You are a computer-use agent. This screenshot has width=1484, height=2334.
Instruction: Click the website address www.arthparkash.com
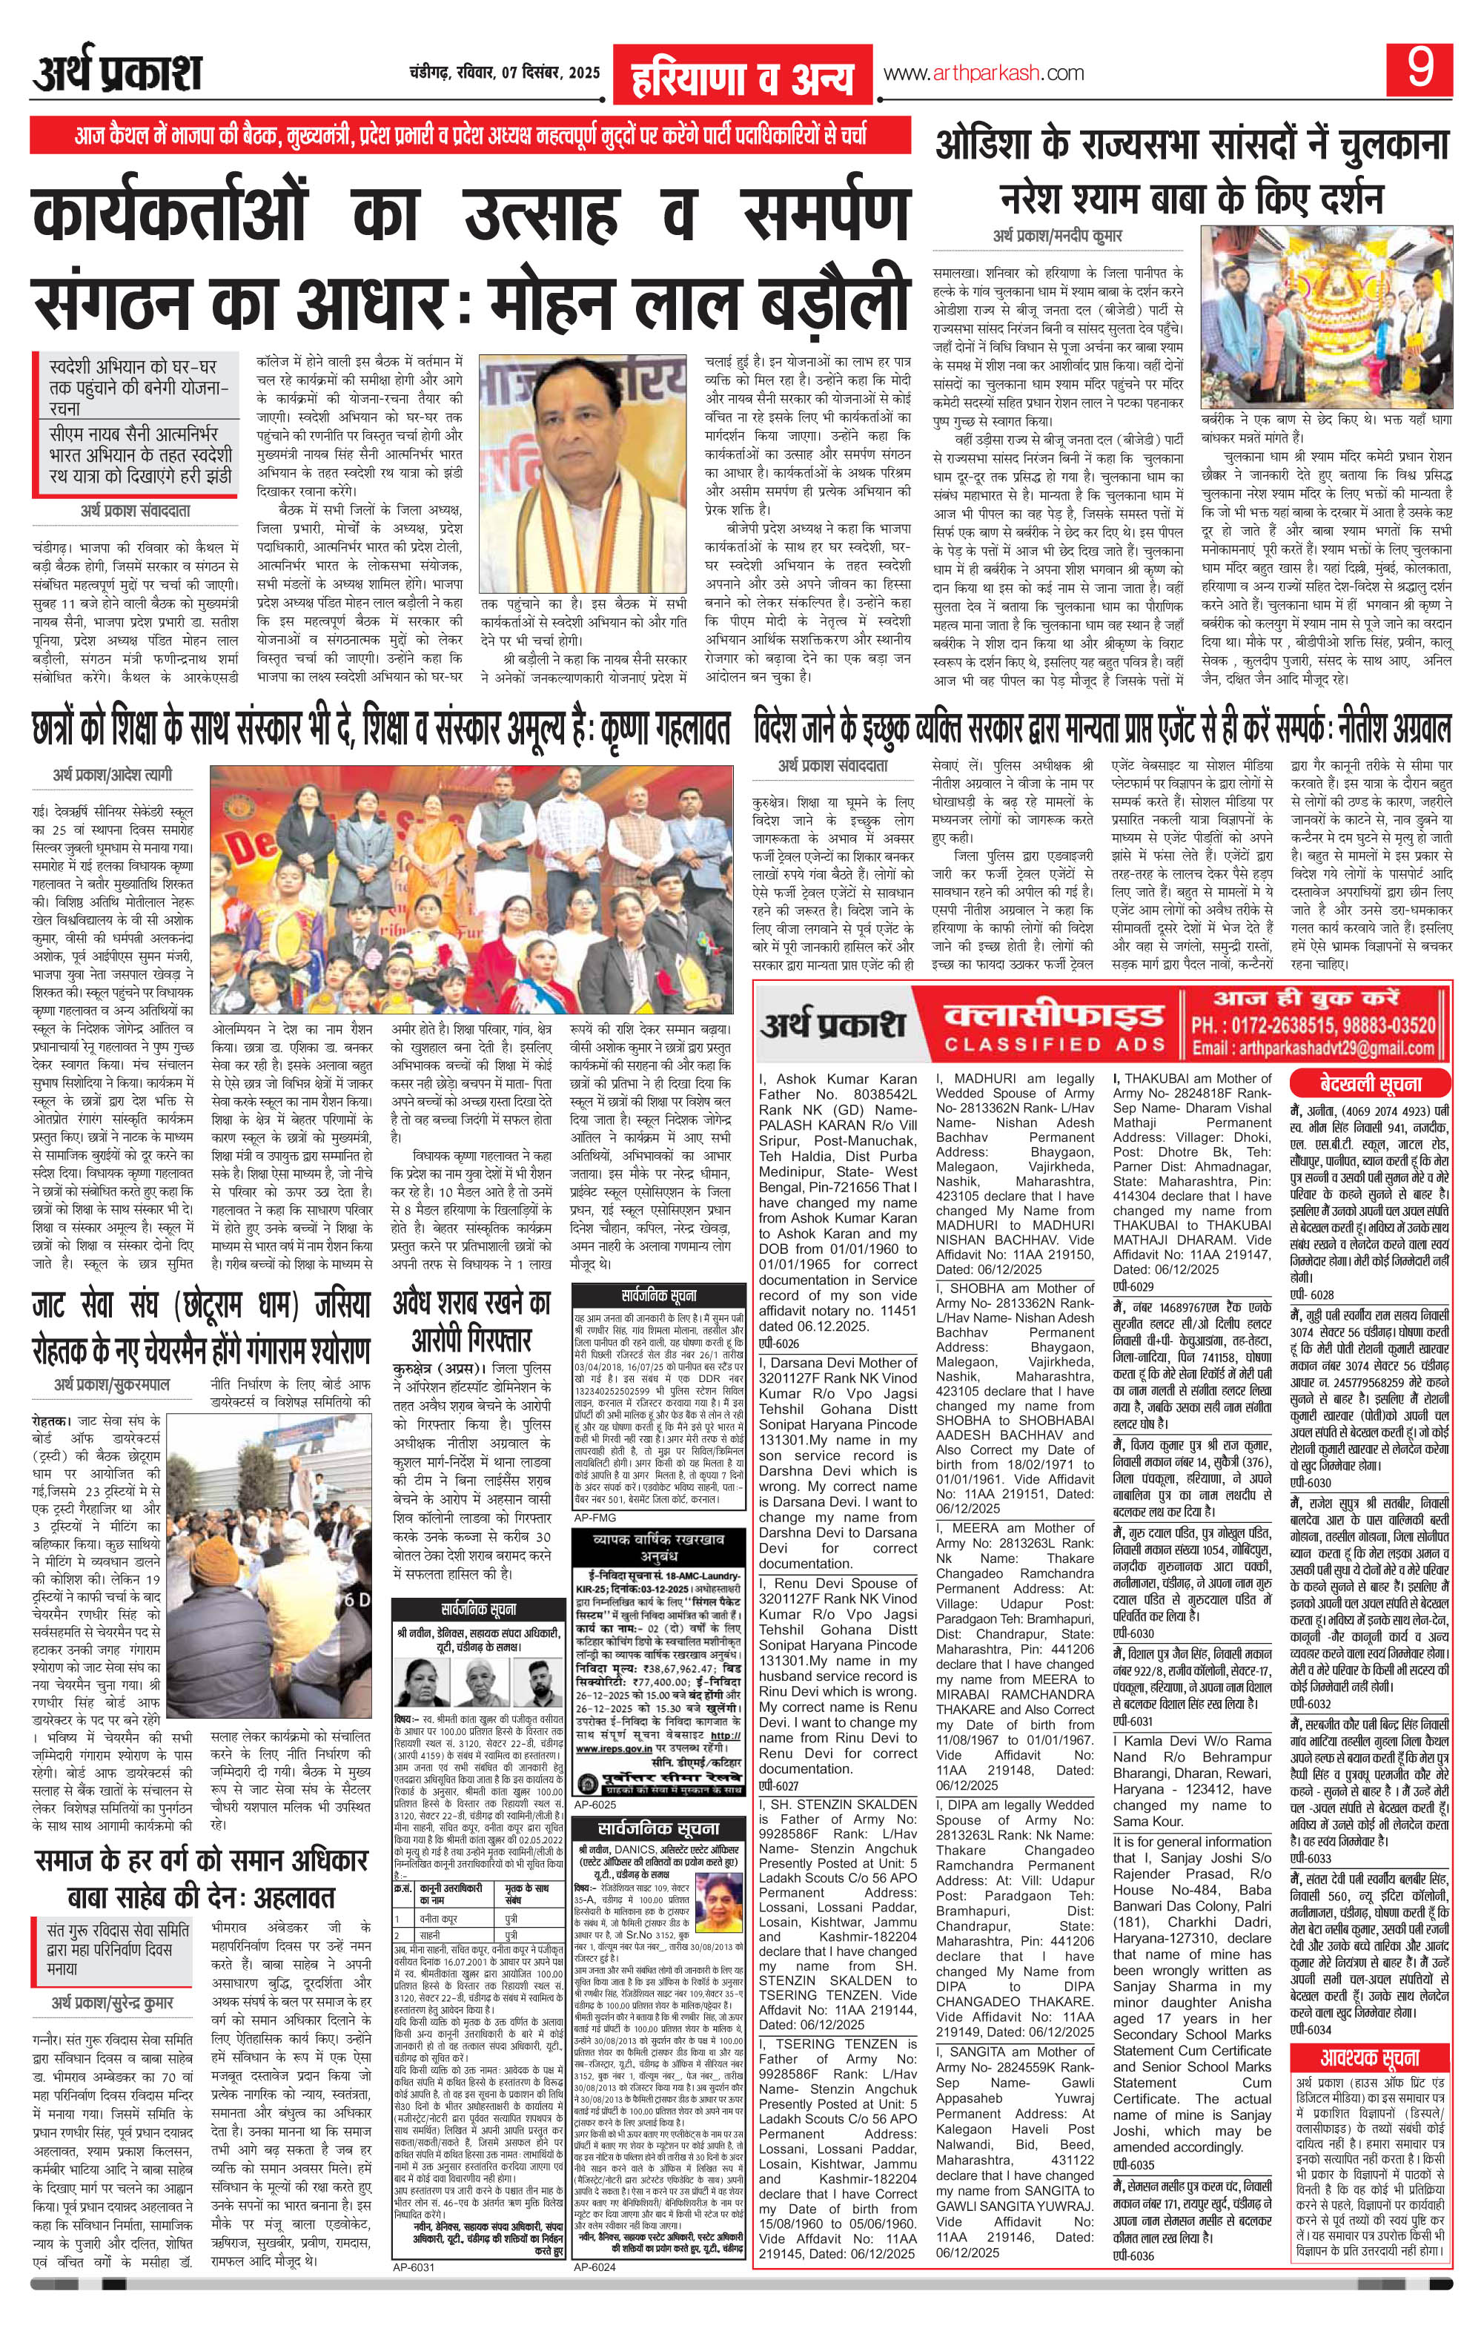(983, 73)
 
